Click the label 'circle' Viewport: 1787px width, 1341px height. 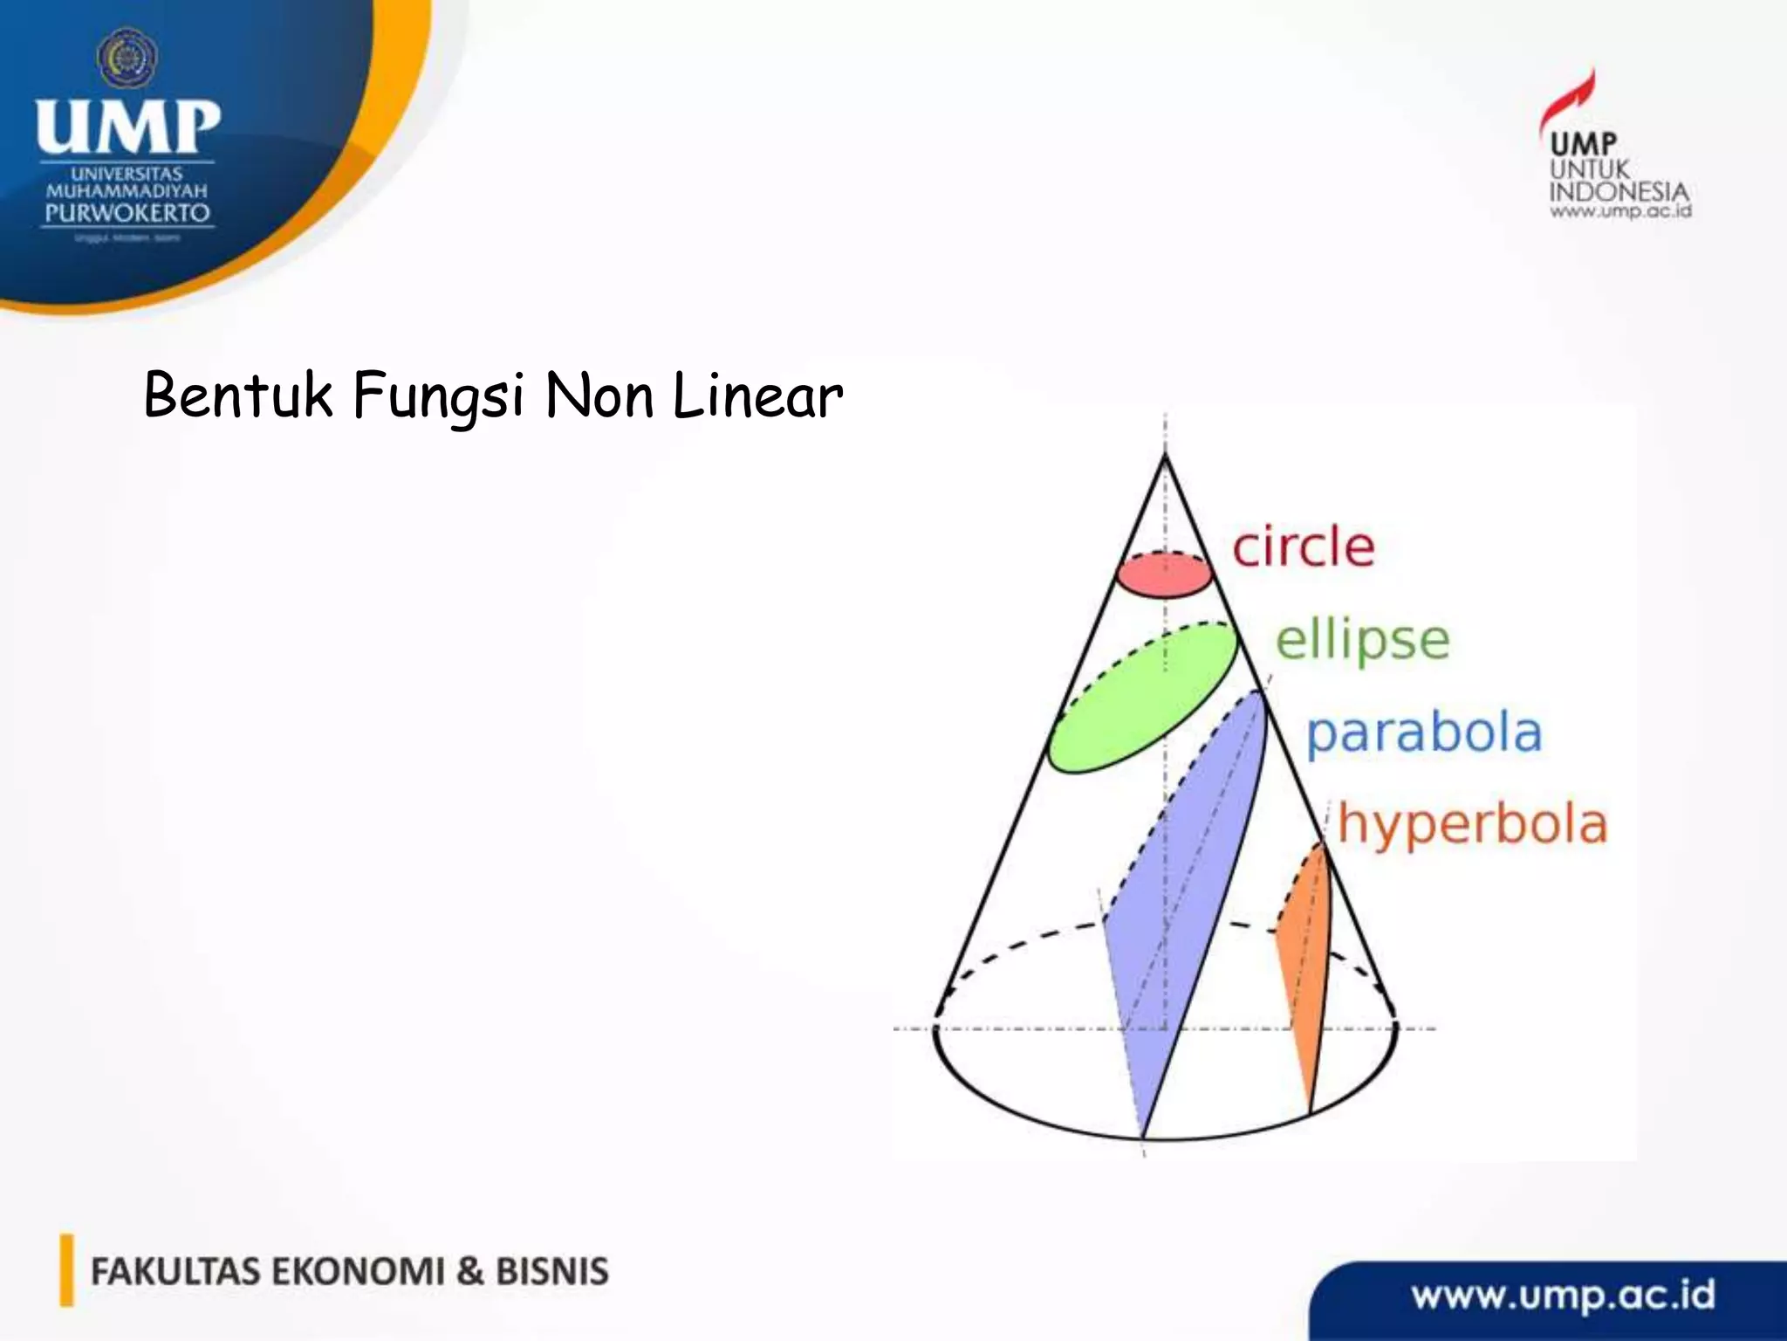1303,548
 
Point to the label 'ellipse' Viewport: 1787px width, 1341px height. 1362,642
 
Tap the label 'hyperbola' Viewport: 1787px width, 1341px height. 1472,825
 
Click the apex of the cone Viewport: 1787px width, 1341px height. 1165,454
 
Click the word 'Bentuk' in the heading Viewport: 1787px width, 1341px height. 238,395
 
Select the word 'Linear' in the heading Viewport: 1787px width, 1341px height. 757,395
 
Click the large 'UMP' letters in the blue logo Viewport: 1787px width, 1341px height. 127,127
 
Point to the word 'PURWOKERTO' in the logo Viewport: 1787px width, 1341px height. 127,213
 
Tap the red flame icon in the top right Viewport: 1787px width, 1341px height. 1571,100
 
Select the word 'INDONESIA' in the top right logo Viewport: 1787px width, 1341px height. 1619,192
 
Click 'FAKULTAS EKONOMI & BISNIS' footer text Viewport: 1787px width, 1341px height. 349,1272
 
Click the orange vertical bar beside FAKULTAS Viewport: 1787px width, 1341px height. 66,1270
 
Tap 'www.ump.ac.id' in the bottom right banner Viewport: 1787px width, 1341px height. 1564,1295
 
